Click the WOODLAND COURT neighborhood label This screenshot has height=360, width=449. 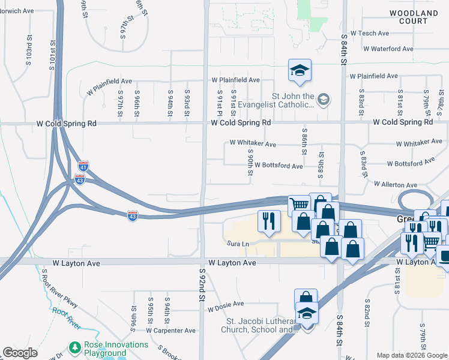coord(414,17)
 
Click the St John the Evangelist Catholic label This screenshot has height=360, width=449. coord(293,100)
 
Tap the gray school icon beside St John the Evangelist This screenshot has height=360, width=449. coord(324,98)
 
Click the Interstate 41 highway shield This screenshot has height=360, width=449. coord(83,166)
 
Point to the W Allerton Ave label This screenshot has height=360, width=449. coord(395,185)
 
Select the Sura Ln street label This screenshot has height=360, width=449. coord(237,244)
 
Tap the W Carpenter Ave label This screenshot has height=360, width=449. coord(170,330)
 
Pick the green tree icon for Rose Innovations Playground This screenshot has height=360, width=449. coord(74,347)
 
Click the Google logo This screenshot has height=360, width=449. coord(20,353)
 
